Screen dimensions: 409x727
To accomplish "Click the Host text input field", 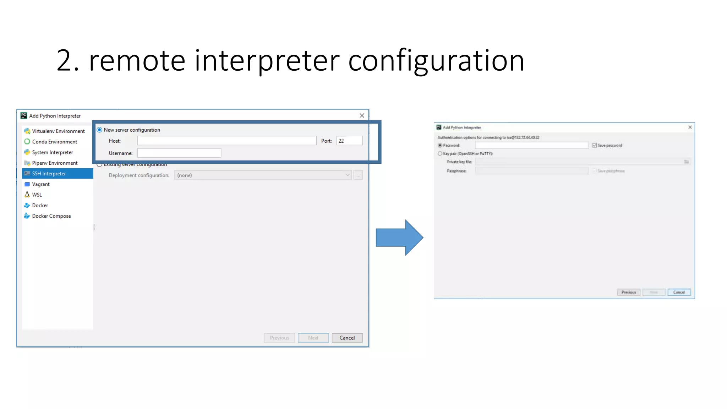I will pos(226,141).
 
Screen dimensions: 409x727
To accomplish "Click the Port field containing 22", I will pos(349,141).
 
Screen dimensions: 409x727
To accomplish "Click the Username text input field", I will pos(179,153).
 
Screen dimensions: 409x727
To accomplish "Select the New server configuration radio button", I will pos(100,130).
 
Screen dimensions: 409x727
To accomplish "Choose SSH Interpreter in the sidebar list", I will pos(49,174).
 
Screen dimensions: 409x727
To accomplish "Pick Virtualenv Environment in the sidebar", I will pos(58,131).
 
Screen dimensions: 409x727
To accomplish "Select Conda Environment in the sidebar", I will pos(54,142).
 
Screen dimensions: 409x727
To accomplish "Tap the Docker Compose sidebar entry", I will pos(51,216).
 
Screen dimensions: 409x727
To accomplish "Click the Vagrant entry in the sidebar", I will pos(41,184).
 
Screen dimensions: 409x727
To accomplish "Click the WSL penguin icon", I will pos(27,195).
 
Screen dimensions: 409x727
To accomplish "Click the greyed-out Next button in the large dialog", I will pos(313,338).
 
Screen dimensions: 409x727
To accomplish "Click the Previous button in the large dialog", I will pos(279,338).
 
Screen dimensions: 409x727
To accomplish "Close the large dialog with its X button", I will pos(362,116).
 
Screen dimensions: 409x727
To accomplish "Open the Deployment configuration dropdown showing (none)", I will pos(263,175).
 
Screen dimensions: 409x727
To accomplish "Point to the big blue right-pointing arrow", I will pos(399,238).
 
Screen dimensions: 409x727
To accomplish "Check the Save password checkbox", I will pos(594,146).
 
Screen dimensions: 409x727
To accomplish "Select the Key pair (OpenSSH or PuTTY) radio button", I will pos(440,154).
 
